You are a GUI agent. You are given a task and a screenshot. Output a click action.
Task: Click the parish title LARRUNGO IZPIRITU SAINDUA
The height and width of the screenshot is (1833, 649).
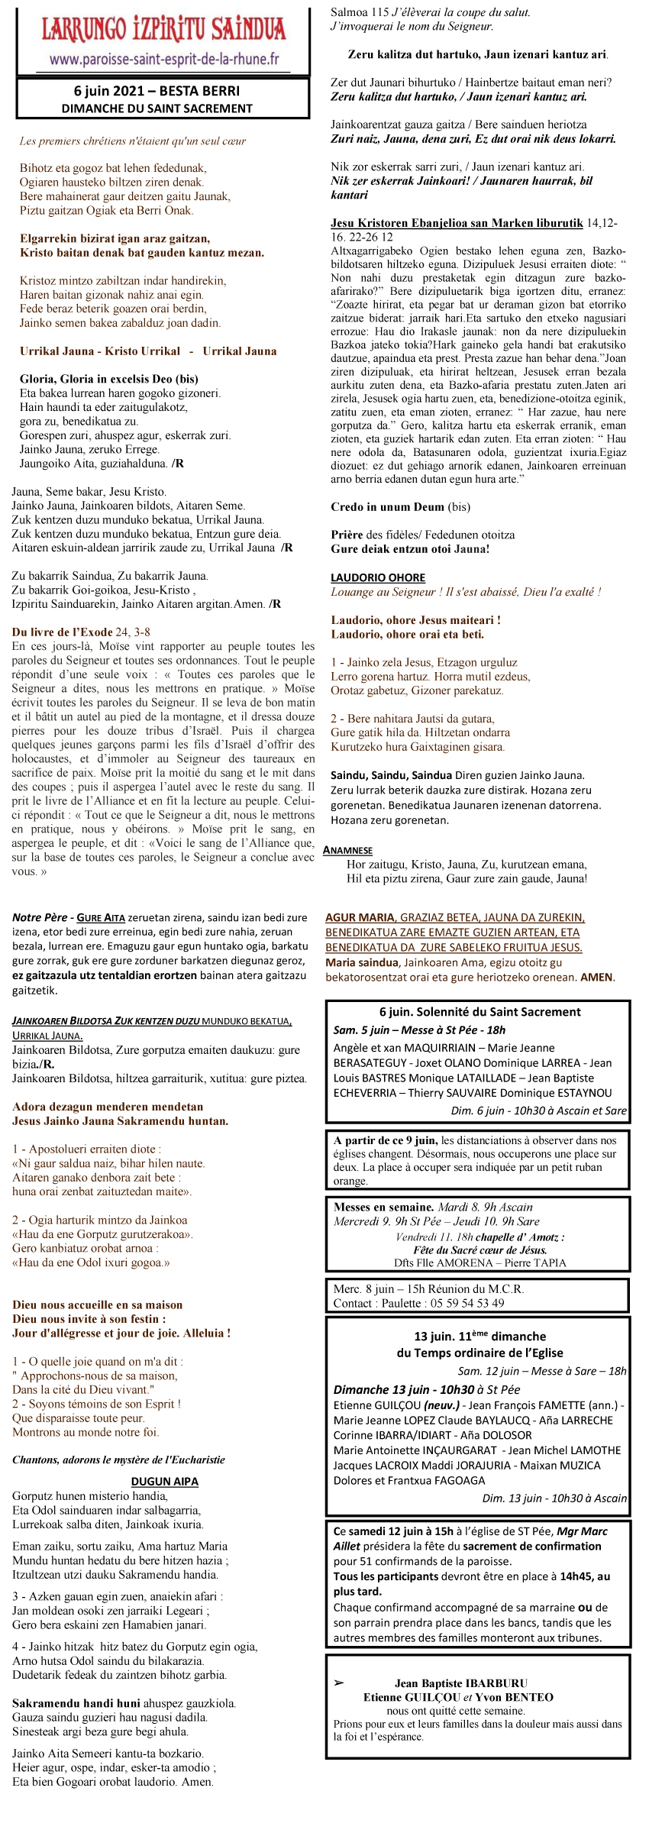pyautogui.click(x=163, y=30)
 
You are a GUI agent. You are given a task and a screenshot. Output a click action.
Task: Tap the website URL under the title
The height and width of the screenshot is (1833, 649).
pyautogui.click(x=164, y=60)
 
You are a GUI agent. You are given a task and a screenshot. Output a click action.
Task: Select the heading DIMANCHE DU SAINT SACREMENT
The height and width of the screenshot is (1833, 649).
pyautogui.click(x=157, y=108)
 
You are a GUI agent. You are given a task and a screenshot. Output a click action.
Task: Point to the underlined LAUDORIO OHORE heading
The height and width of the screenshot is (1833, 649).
pyautogui.click(x=378, y=577)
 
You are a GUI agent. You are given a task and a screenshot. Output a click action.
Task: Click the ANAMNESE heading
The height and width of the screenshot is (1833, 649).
pyautogui.click(x=347, y=850)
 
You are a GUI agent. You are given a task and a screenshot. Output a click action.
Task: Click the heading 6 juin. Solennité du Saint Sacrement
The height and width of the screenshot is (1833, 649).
pyautogui.click(x=479, y=1012)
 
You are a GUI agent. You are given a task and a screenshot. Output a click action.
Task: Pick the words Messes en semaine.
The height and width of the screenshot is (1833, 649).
pyautogui.click(x=383, y=1207)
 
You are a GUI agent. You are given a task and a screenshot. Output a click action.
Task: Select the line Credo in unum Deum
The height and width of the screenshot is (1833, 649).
pyautogui.click(x=387, y=507)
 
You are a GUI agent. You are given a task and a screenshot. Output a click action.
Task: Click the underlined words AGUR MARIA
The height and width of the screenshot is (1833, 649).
pyautogui.click(x=360, y=917)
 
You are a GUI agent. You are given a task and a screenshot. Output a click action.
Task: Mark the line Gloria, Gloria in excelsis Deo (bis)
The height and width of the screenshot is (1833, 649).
pyautogui.click(x=108, y=379)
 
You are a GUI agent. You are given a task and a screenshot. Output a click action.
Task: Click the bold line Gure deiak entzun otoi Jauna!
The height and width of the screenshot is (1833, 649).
pyautogui.click(x=410, y=548)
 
